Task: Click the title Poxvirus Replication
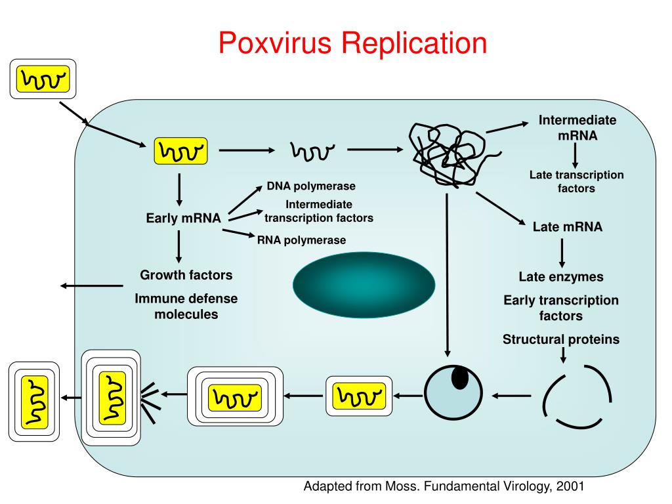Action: pyautogui.click(x=352, y=43)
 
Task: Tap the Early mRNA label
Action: pyautogui.click(x=183, y=219)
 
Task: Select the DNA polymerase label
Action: pyautogui.click(x=311, y=186)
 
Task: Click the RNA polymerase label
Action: pyautogui.click(x=301, y=240)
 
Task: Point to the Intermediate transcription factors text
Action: pyautogui.click(x=319, y=211)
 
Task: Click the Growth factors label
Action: pyautogui.click(x=186, y=274)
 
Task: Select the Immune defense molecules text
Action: pyautogui.click(x=186, y=306)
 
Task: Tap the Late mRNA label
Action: pyautogui.click(x=568, y=227)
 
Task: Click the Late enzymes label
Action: pyautogui.click(x=561, y=277)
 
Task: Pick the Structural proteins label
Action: pyautogui.click(x=561, y=339)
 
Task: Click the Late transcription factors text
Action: pyautogui.click(x=577, y=182)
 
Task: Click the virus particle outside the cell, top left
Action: pyautogui.click(x=43, y=79)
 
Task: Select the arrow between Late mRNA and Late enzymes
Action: pyautogui.click(x=562, y=253)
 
